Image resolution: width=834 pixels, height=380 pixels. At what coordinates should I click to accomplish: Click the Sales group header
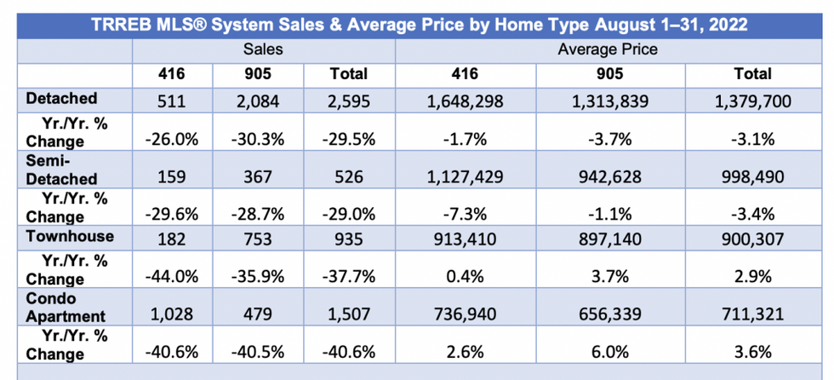263,49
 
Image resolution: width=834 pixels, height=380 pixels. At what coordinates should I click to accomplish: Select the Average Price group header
607,49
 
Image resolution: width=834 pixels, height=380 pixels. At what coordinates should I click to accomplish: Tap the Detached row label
61,99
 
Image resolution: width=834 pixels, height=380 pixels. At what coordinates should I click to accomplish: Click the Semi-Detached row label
61,168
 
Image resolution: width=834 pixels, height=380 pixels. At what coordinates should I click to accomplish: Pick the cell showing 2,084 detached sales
263,101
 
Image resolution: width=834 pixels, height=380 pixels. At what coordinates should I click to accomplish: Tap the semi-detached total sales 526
349,178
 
